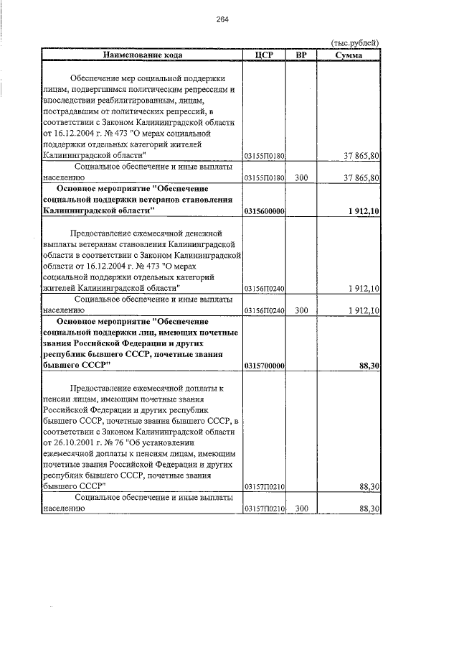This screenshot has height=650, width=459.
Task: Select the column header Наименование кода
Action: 142,55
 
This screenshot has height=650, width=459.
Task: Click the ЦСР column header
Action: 265,55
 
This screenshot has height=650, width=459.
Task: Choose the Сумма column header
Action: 349,55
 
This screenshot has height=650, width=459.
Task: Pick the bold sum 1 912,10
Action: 364,211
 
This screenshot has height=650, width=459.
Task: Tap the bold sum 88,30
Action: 369,366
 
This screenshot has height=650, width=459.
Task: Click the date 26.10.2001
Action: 75,443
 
